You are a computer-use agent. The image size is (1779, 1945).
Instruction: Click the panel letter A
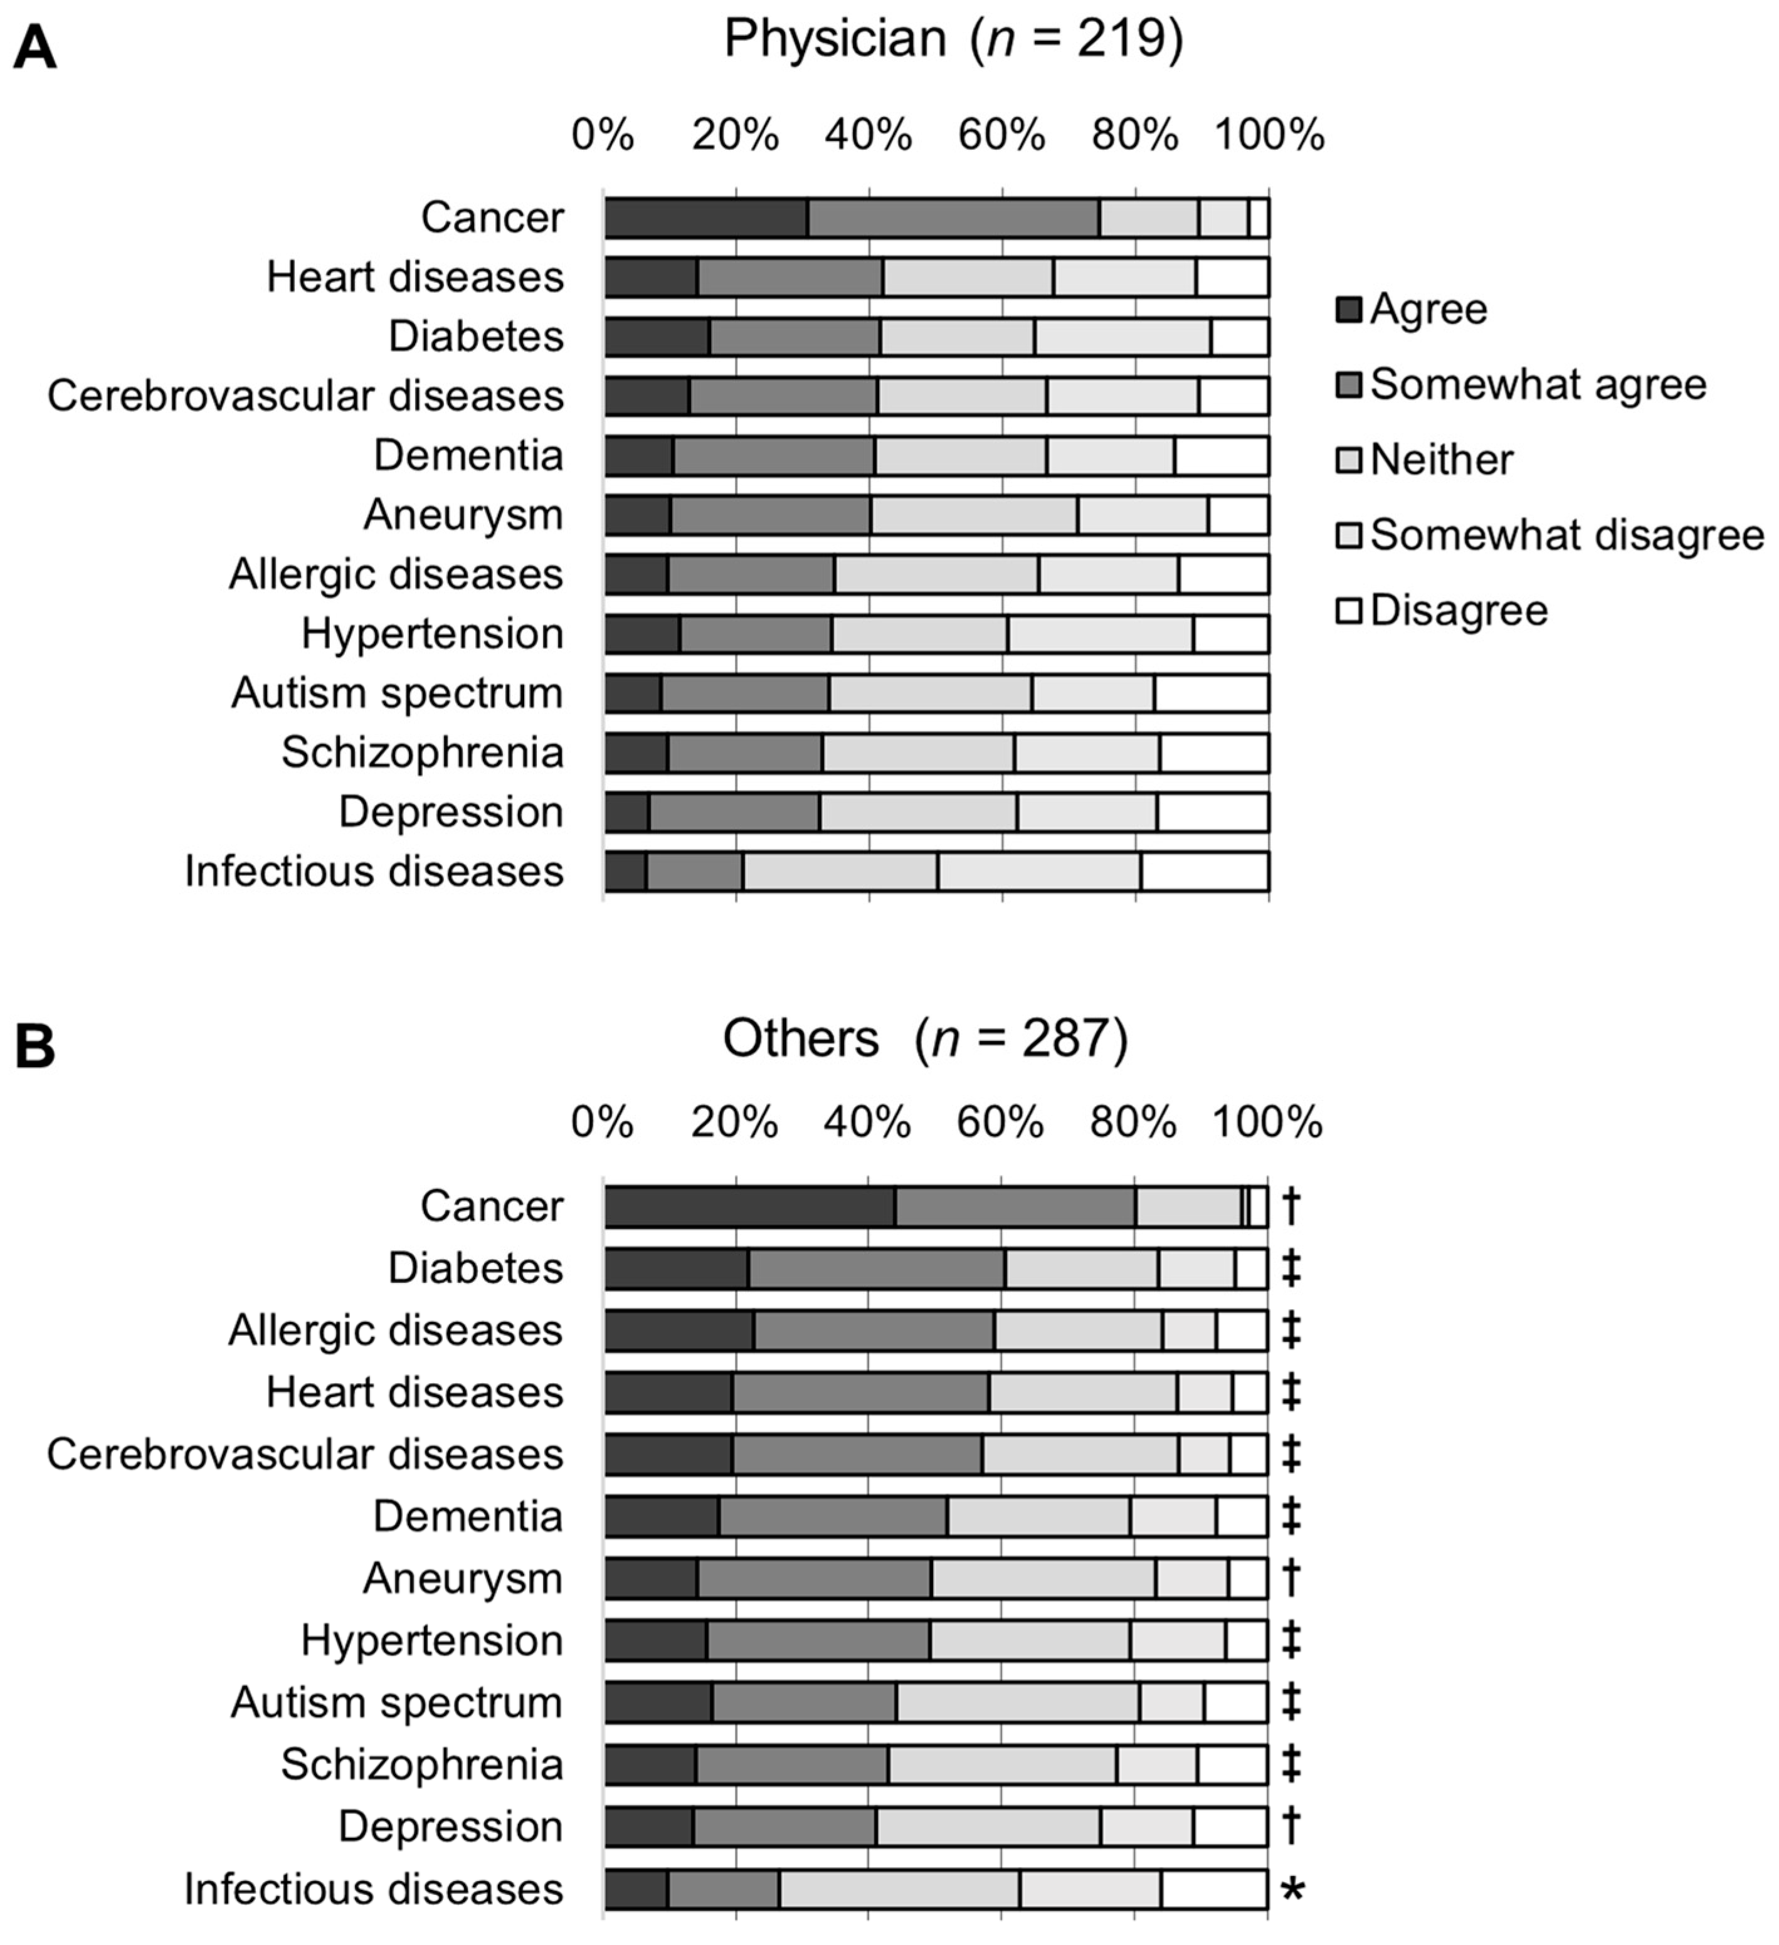(34, 47)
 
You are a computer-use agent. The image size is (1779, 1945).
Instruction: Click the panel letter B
(34, 1046)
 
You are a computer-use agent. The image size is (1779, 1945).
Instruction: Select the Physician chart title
(953, 40)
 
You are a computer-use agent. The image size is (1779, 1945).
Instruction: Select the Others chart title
(925, 1039)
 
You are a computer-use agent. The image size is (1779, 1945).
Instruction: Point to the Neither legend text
(1442, 459)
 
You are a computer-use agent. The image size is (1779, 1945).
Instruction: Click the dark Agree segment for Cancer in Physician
(706, 217)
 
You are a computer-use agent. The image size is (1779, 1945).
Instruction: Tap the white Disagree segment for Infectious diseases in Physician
(1205, 871)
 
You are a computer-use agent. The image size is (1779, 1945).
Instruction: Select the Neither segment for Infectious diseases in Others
(900, 1889)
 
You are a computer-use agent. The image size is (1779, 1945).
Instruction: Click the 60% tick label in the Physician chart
(1001, 134)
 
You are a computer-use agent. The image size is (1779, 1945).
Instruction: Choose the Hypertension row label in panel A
(432, 634)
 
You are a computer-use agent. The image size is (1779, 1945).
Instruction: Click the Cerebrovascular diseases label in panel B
(305, 1454)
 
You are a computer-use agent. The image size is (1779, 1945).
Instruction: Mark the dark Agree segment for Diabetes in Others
(677, 1268)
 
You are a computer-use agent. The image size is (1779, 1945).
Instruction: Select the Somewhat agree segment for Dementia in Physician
(774, 455)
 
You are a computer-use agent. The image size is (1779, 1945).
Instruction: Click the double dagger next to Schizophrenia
(1292, 1764)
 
